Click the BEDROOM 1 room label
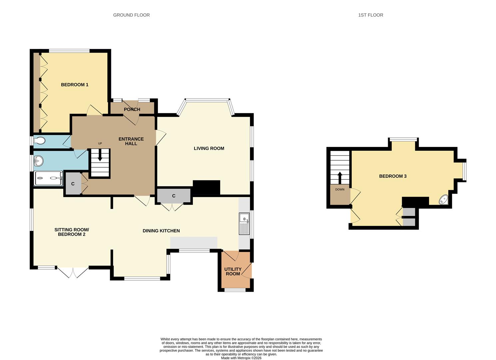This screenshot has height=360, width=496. pos(75,85)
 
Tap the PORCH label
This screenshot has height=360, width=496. pos(132,109)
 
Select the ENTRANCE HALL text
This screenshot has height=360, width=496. pos(131,141)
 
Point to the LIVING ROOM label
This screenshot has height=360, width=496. pos(209,148)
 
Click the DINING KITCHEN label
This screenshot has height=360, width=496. pos(161,231)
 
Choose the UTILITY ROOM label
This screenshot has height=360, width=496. pos(233,271)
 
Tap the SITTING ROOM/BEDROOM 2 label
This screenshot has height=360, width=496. pos(72,232)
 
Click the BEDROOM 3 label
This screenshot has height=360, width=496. pos(393,176)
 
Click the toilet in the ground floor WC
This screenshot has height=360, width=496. pos(39,141)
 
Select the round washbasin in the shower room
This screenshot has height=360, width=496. pos(39,161)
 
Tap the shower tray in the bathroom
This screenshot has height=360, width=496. pos(49,178)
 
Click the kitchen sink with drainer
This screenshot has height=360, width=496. pos(244,223)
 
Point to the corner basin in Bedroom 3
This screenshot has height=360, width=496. pos(443,200)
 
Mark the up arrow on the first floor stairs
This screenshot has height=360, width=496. pos(340,178)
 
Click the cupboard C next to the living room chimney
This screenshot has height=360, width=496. pos(174,196)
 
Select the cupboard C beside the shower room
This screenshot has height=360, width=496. pos(73,184)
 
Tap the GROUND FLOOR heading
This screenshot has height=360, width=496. pos(131,15)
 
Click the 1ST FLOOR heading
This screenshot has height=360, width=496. pos(370,15)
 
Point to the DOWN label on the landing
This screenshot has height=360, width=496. pos(340,190)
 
